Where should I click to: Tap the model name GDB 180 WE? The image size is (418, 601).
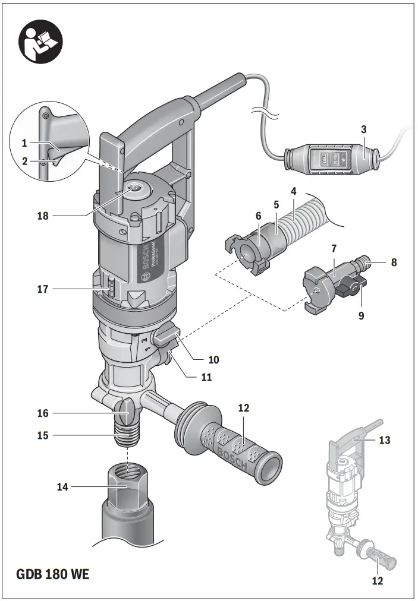(52, 574)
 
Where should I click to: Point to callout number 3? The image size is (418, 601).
(363, 129)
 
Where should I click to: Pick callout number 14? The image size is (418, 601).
(62, 487)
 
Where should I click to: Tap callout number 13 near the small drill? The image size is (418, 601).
(384, 440)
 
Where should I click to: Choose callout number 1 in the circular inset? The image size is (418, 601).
(24, 143)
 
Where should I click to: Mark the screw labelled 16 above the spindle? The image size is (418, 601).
(126, 410)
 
